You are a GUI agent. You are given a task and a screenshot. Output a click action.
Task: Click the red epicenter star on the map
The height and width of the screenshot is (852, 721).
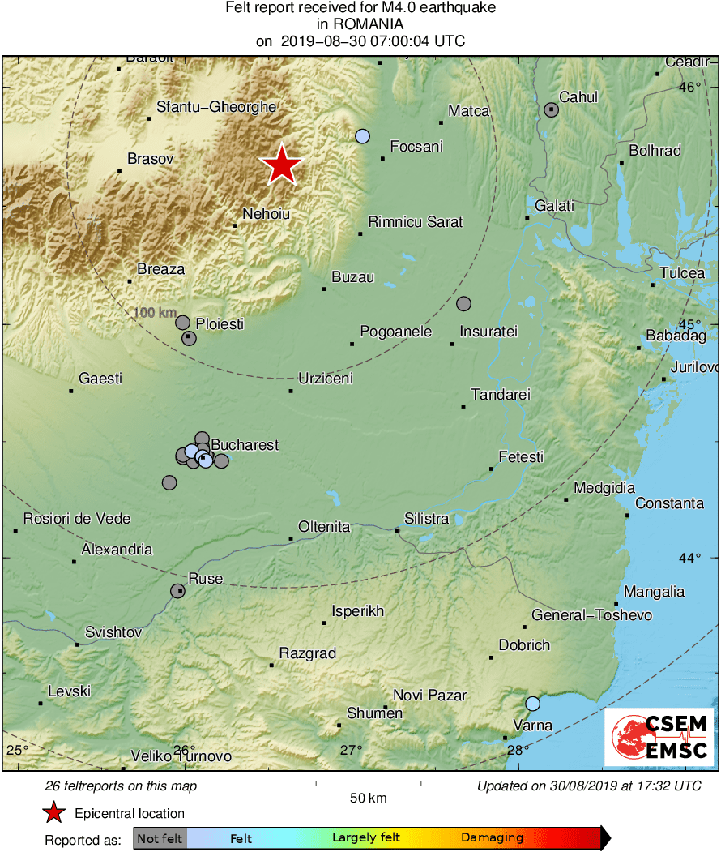click(281, 165)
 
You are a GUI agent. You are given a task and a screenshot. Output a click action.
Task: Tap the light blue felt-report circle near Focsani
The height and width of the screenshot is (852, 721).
click(363, 136)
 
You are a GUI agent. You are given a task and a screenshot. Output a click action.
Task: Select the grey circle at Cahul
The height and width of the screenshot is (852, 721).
click(552, 109)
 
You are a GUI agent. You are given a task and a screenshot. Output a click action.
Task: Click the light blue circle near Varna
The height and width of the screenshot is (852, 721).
click(532, 704)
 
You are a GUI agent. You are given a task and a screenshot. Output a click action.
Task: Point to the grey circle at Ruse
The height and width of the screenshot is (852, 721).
click(177, 591)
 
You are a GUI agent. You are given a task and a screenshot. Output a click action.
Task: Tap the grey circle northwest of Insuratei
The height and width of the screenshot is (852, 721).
click(463, 304)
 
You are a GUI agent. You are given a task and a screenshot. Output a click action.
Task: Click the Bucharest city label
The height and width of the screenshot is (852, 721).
click(245, 445)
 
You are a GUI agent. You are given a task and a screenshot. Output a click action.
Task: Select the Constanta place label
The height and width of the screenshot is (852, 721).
click(669, 503)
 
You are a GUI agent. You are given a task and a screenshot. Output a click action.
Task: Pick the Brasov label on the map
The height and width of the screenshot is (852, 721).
click(151, 159)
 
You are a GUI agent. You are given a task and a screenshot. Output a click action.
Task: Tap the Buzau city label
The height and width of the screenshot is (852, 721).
click(353, 277)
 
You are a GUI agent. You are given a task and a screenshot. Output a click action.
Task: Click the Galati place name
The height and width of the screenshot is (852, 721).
click(555, 206)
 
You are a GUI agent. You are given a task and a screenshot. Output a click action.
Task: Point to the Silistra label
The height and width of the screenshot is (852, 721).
click(426, 519)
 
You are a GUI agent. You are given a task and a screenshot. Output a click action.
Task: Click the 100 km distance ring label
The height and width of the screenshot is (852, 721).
click(155, 313)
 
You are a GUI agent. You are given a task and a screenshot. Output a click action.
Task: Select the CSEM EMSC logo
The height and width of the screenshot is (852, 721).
click(659, 736)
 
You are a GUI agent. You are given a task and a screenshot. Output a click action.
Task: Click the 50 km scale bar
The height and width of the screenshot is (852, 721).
click(368, 783)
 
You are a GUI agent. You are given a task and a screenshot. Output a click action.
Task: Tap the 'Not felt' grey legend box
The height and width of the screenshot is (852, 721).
click(160, 838)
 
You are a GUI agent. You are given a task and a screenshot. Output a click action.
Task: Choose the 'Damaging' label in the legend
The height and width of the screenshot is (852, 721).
click(492, 838)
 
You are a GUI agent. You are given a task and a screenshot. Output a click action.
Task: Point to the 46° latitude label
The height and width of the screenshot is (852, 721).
click(689, 88)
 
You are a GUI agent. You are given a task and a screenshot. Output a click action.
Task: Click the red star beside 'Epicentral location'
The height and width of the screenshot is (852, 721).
click(54, 813)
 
